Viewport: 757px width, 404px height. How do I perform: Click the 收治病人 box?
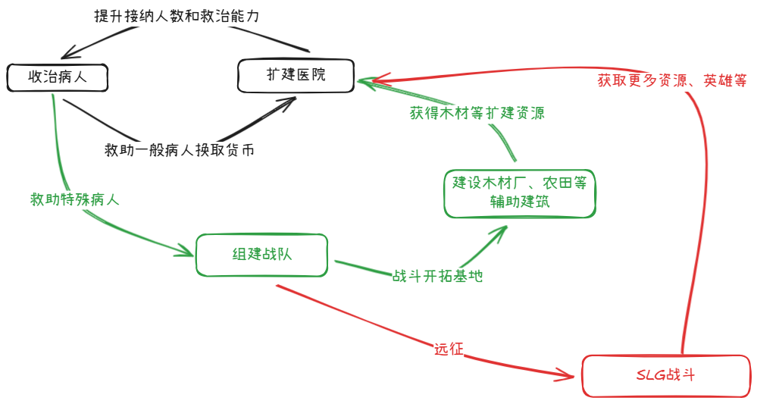[x=58, y=77]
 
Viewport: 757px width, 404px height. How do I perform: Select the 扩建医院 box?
[x=296, y=76]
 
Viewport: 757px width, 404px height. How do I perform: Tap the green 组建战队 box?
[x=261, y=255]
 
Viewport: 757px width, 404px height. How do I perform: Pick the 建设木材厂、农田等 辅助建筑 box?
[x=519, y=193]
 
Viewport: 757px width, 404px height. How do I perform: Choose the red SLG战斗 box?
[x=665, y=374]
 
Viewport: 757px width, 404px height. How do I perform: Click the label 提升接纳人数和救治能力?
[x=177, y=17]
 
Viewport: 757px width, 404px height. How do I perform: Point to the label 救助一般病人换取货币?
[x=179, y=150]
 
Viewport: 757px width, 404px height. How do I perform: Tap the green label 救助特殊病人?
[x=74, y=200]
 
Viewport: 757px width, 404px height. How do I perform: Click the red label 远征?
[x=449, y=349]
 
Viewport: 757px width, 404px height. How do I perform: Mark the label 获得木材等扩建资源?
[x=477, y=114]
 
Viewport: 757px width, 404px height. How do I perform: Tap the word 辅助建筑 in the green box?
[x=519, y=202]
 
